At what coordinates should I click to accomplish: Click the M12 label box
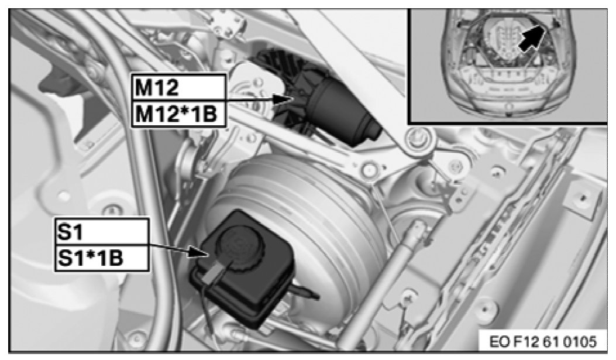click(179, 87)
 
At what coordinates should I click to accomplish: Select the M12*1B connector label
click(179, 114)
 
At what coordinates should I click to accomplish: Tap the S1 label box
click(102, 231)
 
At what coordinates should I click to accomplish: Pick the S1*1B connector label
click(102, 258)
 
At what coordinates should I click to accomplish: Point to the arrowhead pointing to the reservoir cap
click(199, 252)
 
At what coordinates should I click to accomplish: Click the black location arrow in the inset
click(531, 37)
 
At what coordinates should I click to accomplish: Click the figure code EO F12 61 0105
click(542, 341)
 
